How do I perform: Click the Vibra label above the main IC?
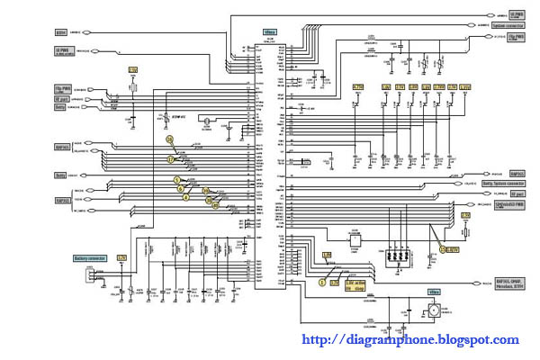pos(268,32)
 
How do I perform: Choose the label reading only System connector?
pos(508,26)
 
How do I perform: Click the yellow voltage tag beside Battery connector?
pos(121,258)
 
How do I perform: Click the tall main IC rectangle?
pos(267,162)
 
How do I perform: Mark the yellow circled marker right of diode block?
pos(443,248)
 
